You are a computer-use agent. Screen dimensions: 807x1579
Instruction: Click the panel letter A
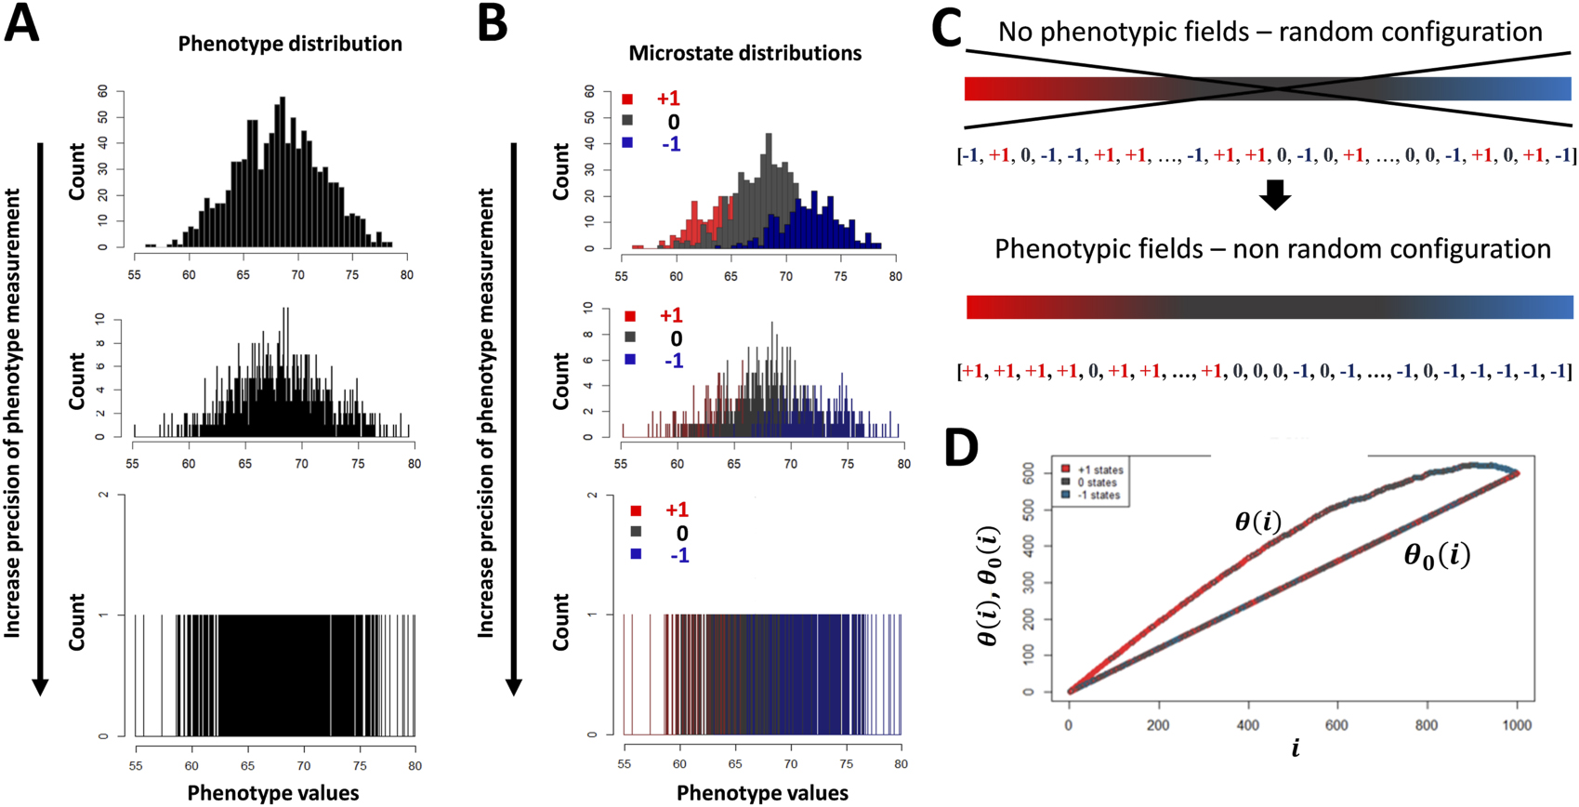point(22,24)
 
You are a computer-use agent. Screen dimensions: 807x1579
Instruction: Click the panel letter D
point(961,447)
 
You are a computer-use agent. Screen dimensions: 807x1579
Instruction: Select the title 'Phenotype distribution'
point(290,44)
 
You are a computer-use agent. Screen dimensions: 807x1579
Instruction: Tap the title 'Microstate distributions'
point(744,53)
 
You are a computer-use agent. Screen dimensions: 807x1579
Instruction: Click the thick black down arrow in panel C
point(1274,194)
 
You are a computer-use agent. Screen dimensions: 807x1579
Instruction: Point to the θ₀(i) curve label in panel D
point(1436,557)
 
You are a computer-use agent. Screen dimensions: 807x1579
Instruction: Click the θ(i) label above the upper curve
point(1258,523)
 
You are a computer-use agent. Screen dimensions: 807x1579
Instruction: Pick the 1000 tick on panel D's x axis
point(1517,724)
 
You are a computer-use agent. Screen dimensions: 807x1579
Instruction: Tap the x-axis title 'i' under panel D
point(1295,748)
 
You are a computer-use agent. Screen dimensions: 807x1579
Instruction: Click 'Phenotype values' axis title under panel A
point(272,792)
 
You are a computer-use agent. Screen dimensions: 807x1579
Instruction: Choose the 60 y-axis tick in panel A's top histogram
point(103,91)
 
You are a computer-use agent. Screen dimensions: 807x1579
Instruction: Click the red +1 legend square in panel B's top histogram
point(627,99)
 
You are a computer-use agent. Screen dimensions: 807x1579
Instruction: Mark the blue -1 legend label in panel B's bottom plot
point(678,555)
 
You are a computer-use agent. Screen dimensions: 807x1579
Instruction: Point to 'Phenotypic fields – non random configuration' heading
point(1272,249)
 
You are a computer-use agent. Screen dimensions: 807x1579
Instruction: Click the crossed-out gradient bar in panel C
point(1268,88)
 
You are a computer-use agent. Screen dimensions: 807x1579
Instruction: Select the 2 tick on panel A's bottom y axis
point(102,495)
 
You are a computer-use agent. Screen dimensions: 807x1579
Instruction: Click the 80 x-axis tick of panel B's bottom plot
point(901,763)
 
